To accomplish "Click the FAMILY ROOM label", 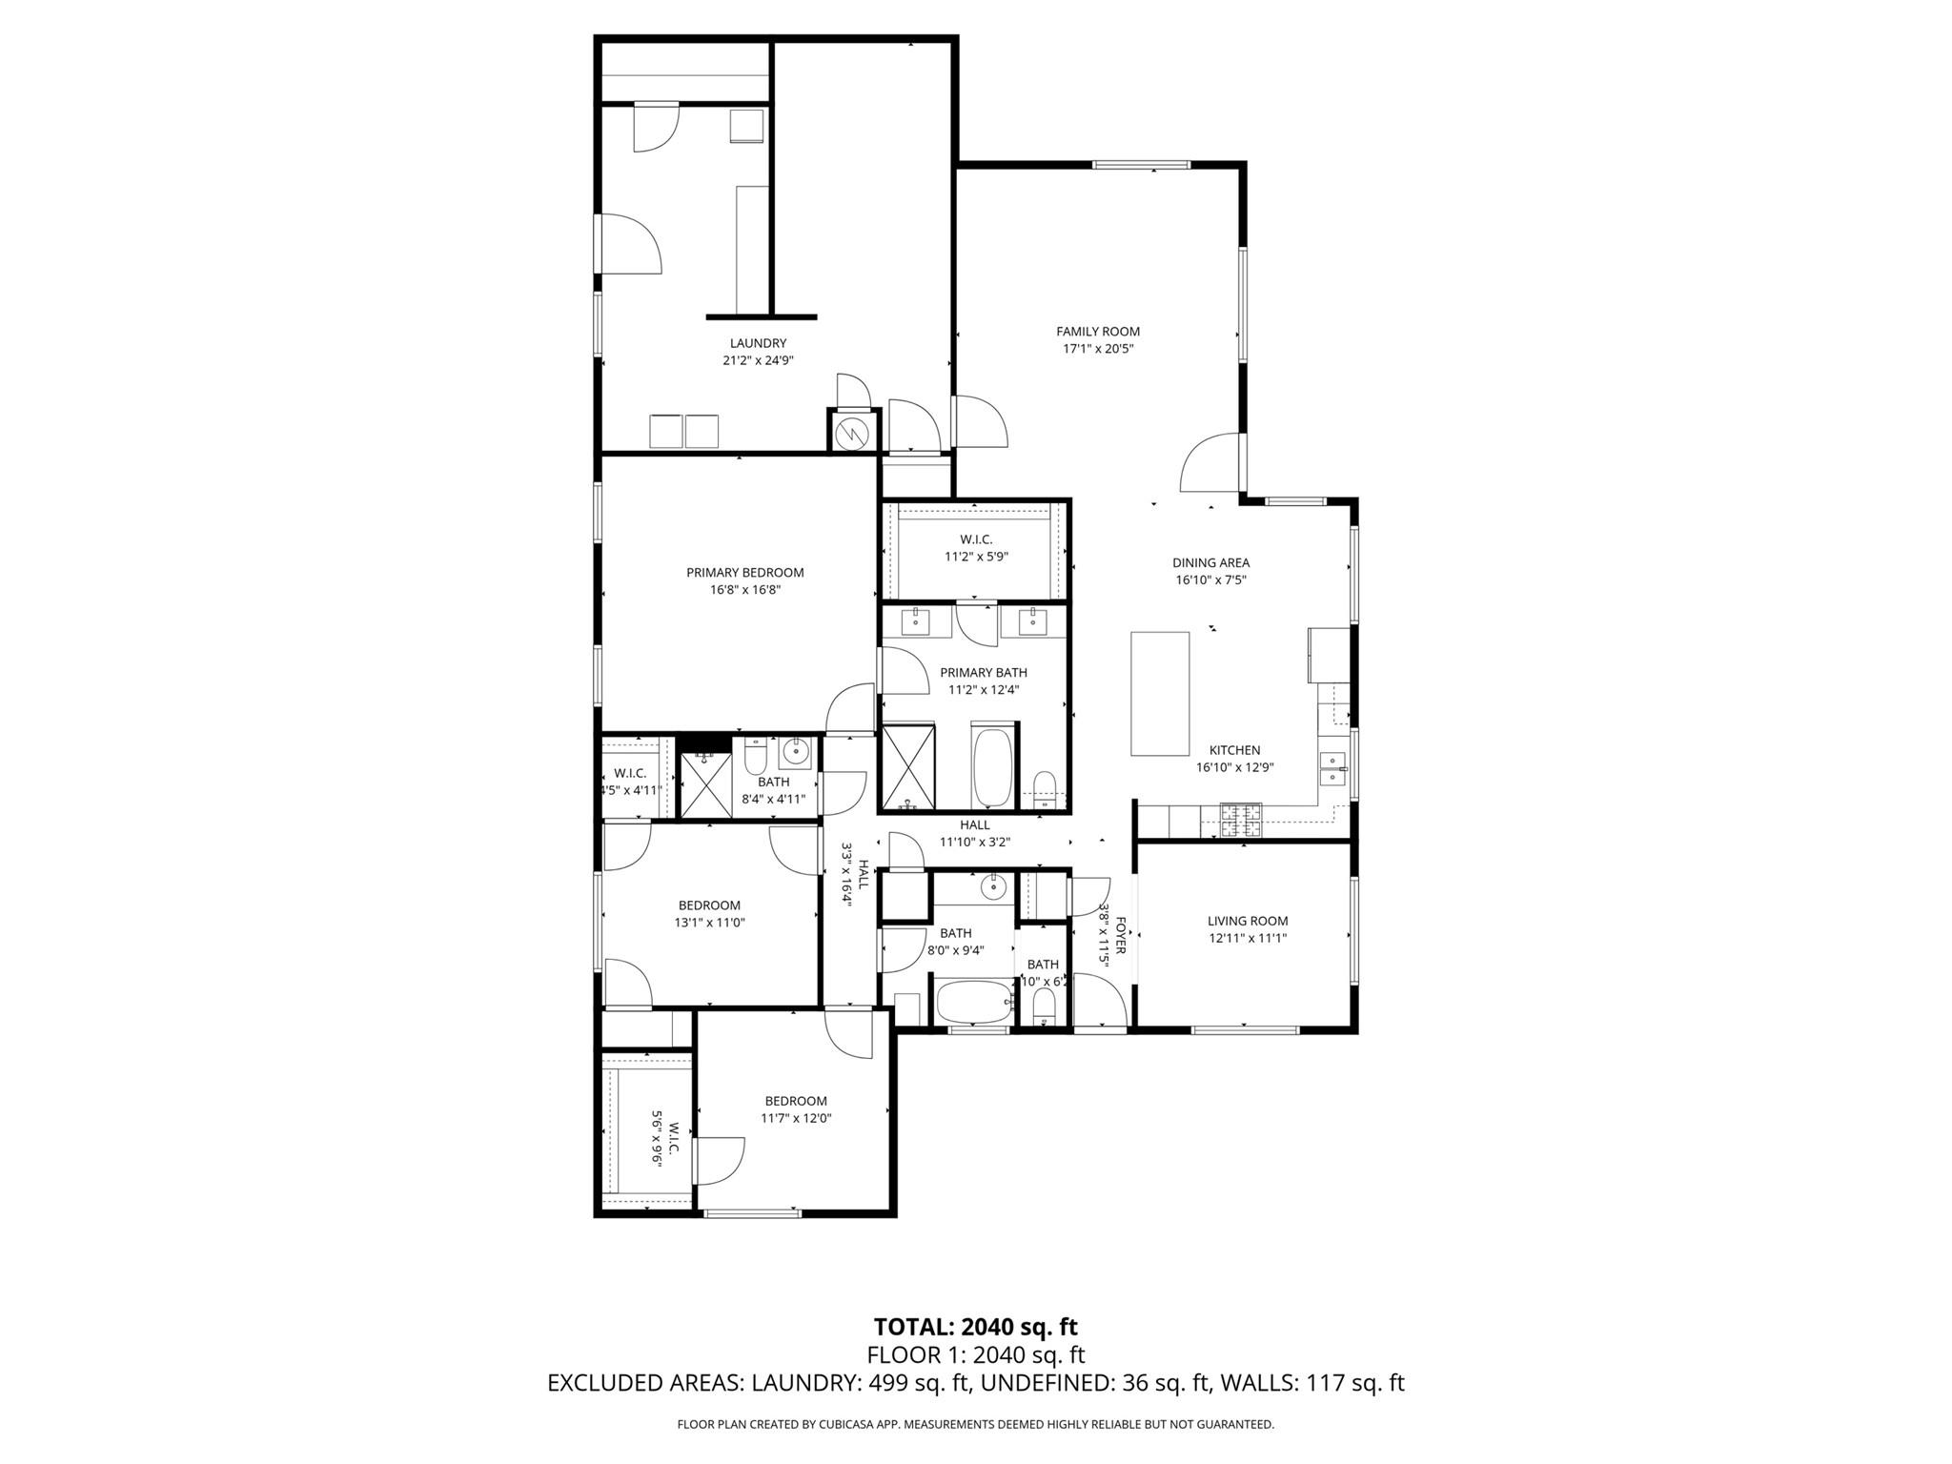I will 1097,332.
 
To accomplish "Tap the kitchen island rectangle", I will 1160,693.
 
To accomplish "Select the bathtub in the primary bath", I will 994,766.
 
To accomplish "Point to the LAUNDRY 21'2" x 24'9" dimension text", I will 758,361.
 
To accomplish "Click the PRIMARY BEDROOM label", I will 744,573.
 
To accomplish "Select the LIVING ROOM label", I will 1247,921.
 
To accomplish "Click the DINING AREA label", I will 1210,563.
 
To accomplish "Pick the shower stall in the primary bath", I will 908,766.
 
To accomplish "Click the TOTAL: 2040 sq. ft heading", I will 975,1327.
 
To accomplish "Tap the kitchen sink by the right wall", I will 1332,768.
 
